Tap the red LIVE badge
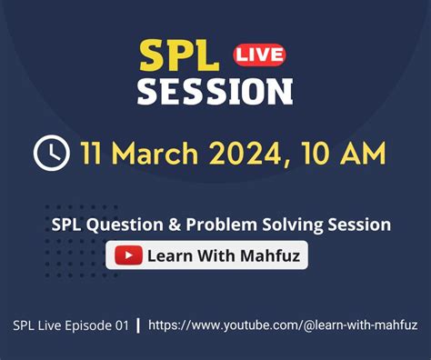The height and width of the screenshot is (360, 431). (x=258, y=55)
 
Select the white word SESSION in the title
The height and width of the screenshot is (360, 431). (x=215, y=91)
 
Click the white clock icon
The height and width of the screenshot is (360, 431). (x=51, y=153)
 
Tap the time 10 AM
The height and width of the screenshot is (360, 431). (x=350, y=153)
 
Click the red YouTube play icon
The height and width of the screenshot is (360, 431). (x=129, y=255)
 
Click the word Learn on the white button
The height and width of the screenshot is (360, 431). (x=169, y=255)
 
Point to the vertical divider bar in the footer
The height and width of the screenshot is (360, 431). (x=137, y=325)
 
